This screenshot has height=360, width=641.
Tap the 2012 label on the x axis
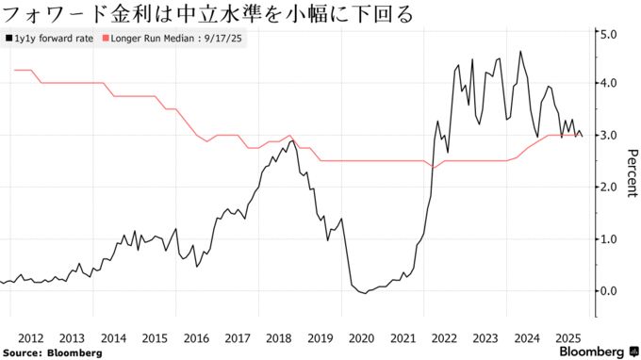click(30, 336)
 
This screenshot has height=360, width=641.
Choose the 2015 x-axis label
click(155, 336)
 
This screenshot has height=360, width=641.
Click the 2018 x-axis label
click(279, 336)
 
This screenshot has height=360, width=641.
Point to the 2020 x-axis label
click(362, 336)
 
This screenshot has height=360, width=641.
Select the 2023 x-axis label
click(485, 336)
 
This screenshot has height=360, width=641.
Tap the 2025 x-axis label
click(568, 336)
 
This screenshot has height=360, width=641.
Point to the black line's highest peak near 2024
click(520, 52)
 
